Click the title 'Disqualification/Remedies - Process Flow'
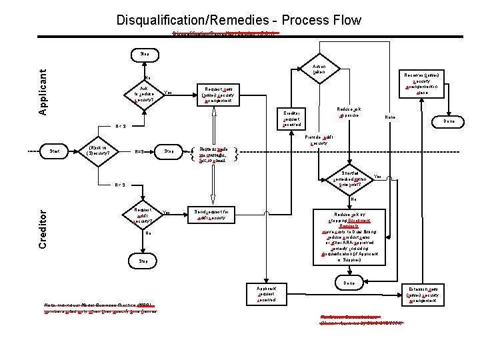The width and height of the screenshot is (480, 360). [x=239, y=20]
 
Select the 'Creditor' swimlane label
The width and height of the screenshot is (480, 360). [x=43, y=227]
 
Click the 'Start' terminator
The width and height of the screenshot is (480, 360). [x=55, y=151]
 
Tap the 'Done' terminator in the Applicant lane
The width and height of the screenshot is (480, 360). [x=450, y=121]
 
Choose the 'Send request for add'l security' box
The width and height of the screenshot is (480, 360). [x=211, y=215]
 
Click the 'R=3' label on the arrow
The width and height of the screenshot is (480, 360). [x=140, y=151]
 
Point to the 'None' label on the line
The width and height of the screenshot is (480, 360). [x=391, y=117]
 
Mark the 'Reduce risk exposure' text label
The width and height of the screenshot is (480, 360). [x=349, y=111]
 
